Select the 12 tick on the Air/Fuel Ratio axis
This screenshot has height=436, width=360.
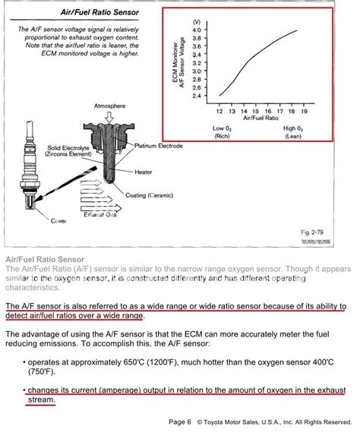pyautogui.click(x=219, y=111)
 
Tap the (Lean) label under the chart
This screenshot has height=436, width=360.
pyautogui.click(x=294, y=136)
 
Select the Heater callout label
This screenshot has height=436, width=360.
pyautogui.click(x=144, y=172)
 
